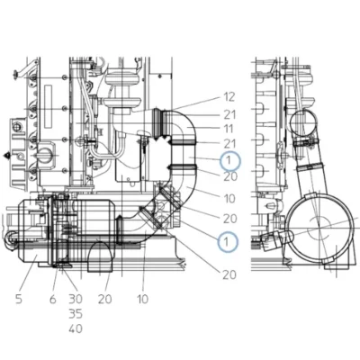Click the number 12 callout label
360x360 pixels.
point(229,97)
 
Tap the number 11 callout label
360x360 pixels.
point(229,129)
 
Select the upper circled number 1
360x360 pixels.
point(230,160)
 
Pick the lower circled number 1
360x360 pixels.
point(228,241)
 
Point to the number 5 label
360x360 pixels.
point(19,299)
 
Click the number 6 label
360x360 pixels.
point(53,299)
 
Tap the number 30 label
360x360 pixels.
point(76,299)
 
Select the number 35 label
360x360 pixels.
point(76,314)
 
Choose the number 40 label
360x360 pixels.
point(76,328)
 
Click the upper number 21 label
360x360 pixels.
point(229,114)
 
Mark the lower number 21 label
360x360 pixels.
point(229,144)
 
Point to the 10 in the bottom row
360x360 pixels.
point(142,299)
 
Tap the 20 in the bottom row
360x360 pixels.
point(104,299)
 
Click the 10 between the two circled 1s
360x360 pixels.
point(229,199)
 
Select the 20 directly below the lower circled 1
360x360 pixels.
point(229,274)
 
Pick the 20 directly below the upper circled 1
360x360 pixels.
point(230,176)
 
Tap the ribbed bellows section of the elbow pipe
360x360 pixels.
point(159,123)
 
